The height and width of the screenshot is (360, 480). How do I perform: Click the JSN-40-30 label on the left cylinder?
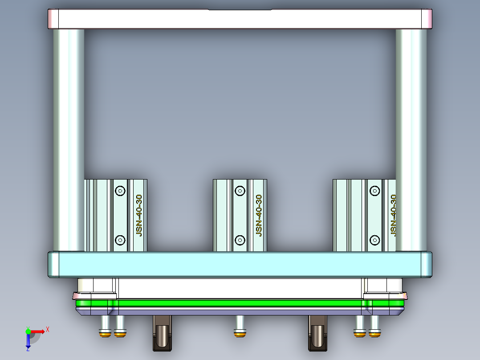139,215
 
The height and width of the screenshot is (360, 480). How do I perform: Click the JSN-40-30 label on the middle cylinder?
259,215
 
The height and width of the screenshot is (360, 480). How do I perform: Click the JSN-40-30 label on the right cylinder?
393,215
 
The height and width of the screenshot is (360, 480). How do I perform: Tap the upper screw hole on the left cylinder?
120,191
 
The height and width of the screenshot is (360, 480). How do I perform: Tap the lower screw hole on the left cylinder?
120,240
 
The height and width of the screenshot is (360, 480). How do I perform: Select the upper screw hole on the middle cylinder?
240,191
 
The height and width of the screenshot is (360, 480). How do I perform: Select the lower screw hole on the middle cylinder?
240,240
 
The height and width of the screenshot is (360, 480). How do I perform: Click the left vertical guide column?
69,138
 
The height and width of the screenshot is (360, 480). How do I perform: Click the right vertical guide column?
411,138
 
